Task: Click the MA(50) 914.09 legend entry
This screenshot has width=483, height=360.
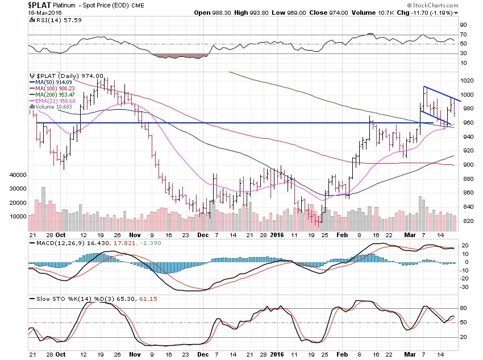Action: coord(52,82)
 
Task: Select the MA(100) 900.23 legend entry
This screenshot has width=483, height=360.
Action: coord(53,88)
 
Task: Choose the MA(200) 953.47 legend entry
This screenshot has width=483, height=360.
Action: coord(53,94)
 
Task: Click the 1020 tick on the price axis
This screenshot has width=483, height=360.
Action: coord(467,81)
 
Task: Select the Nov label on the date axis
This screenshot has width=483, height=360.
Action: coord(134,234)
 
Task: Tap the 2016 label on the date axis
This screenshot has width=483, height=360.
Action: coord(276,234)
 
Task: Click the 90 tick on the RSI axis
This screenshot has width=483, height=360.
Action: coord(464,25)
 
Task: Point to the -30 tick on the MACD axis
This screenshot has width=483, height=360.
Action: coord(464,287)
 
